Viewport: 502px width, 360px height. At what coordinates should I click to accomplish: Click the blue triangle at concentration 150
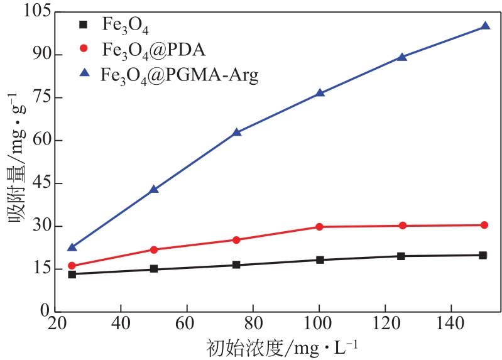[x=485, y=26]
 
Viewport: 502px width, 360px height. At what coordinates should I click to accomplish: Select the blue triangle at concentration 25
[x=72, y=247]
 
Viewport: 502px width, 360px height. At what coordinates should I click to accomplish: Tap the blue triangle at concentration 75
[x=237, y=132]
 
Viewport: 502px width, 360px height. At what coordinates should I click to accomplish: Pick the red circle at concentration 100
[x=319, y=227]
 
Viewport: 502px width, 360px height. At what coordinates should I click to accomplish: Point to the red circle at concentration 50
[x=154, y=249]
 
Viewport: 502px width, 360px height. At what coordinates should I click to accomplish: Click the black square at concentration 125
[x=401, y=256]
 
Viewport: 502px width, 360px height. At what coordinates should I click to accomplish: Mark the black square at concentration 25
[x=72, y=274]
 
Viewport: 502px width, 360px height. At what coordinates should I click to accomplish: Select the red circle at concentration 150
[x=484, y=225]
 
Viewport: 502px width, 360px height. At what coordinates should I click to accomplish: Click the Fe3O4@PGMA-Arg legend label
[x=180, y=75]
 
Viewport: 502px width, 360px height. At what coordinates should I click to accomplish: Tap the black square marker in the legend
[x=83, y=25]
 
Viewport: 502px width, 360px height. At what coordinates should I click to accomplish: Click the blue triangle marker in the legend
[x=83, y=73]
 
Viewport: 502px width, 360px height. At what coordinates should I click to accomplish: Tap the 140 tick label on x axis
[x=450, y=326]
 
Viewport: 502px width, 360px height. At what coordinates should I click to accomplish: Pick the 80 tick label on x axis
[x=253, y=326]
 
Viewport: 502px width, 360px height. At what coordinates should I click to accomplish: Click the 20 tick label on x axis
[x=55, y=326]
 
